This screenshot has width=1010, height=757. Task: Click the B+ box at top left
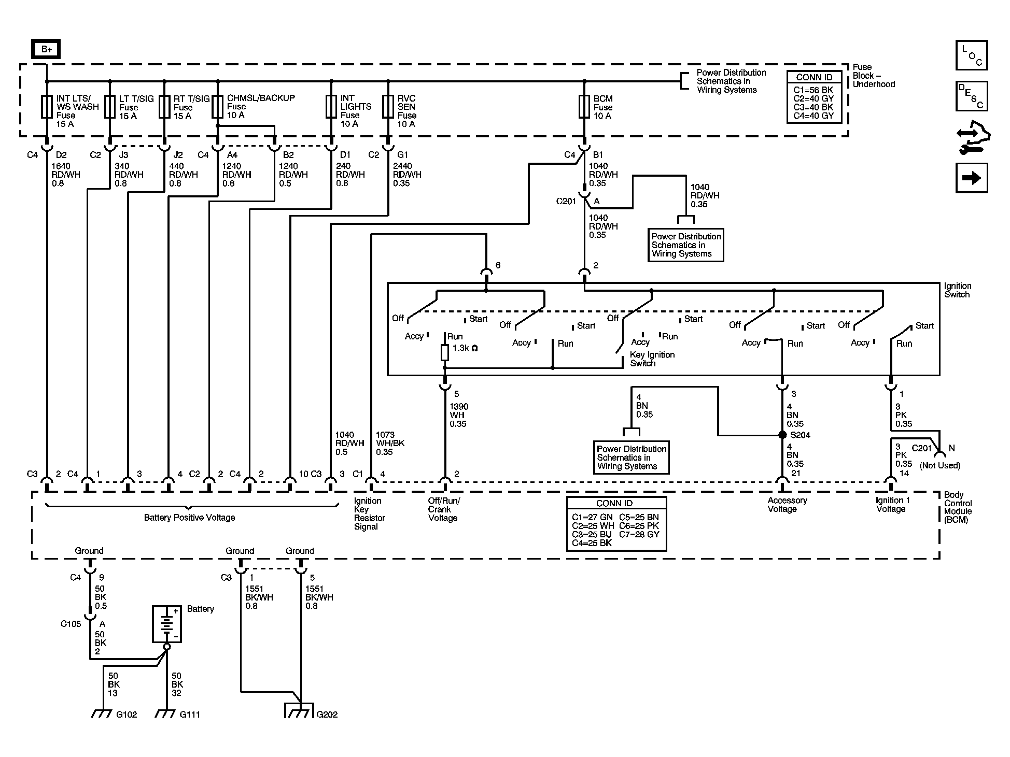[x=46, y=49]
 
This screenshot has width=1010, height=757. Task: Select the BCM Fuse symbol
[x=584, y=107]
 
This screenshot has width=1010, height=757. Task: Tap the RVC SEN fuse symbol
[x=388, y=107]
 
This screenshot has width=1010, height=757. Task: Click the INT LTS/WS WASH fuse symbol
[x=47, y=107]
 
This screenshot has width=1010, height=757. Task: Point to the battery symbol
[x=166, y=624]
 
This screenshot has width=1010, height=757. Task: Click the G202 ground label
[x=327, y=715]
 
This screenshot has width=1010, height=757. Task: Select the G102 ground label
[x=127, y=715]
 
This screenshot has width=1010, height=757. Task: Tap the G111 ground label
[x=190, y=715]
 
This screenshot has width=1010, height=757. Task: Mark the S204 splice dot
[x=782, y=435]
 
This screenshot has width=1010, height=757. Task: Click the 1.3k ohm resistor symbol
[x=444, y=353]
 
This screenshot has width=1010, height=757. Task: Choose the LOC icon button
[x=972, y=55]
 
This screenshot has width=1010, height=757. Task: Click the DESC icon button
[x=972, y=96]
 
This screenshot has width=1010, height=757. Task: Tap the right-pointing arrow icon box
[x=972, y=178]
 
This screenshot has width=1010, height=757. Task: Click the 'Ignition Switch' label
[x=957, y=290]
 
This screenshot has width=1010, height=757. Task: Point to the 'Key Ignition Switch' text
[x=652, y=359]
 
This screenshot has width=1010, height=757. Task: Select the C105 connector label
[x=71, y=624]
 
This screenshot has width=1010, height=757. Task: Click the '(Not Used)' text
[x=940, y=466]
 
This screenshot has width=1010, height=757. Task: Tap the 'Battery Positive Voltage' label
[x=189, y=518]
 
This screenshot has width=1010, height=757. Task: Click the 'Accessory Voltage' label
[x=787, y=505]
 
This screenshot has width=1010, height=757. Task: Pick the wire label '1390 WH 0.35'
[x=458, y=415]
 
